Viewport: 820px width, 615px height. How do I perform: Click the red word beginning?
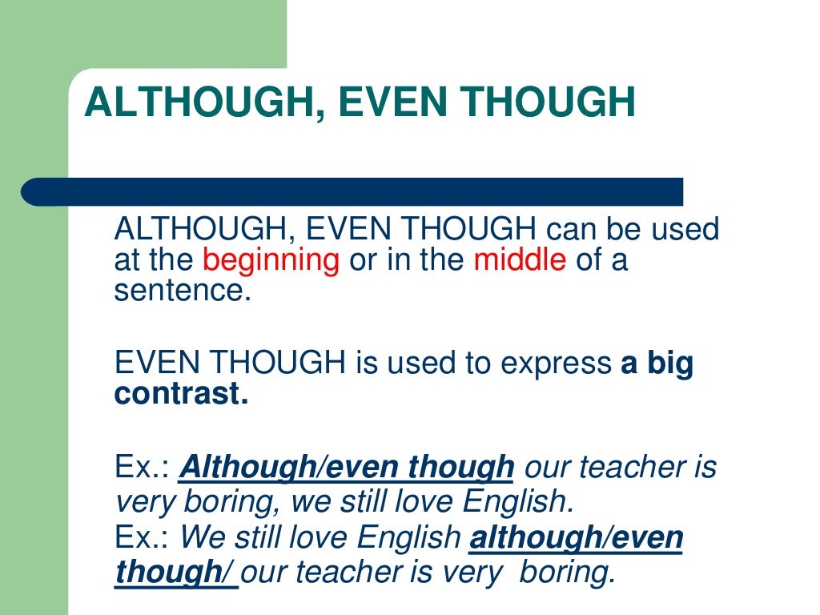[x=271, y=261]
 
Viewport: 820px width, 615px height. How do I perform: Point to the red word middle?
[x=520, y=261]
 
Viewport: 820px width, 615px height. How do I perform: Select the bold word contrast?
[x=179, y=394]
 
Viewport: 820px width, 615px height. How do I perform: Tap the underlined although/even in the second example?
[x=576, y=538]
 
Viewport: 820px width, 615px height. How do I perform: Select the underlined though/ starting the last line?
[x=175, y=572]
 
